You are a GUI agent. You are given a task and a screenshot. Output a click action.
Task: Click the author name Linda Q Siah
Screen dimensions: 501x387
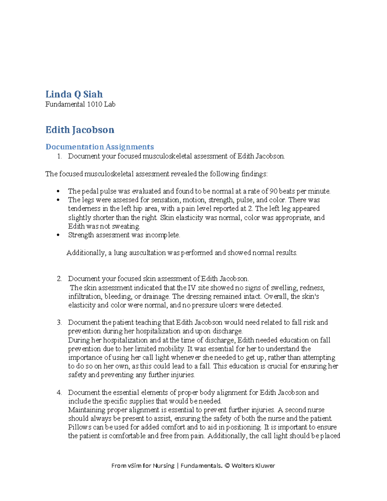74,94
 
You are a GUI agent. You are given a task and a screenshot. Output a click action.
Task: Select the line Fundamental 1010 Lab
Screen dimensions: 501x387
80,104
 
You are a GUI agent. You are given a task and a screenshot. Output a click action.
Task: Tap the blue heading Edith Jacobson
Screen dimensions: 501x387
80,130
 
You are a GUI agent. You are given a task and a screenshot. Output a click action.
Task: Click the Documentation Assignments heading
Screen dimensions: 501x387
99,147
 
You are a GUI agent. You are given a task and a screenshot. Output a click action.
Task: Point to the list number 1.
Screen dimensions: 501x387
59,156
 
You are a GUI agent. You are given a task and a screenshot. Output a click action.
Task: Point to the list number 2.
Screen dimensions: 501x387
59,279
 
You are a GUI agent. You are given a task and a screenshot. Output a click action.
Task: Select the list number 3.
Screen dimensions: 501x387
59,322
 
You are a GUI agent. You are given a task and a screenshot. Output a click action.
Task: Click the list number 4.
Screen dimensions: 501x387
59,393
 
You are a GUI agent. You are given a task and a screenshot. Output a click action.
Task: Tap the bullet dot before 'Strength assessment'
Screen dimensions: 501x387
58,235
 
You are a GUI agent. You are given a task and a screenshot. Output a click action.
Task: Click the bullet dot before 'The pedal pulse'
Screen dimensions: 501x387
58,191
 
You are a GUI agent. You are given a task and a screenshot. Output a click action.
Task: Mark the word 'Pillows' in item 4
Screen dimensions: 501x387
80,427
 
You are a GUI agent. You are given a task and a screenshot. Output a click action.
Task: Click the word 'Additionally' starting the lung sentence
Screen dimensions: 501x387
85,253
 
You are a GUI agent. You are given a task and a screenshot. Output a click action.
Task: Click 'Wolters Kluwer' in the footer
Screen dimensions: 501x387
253,466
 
